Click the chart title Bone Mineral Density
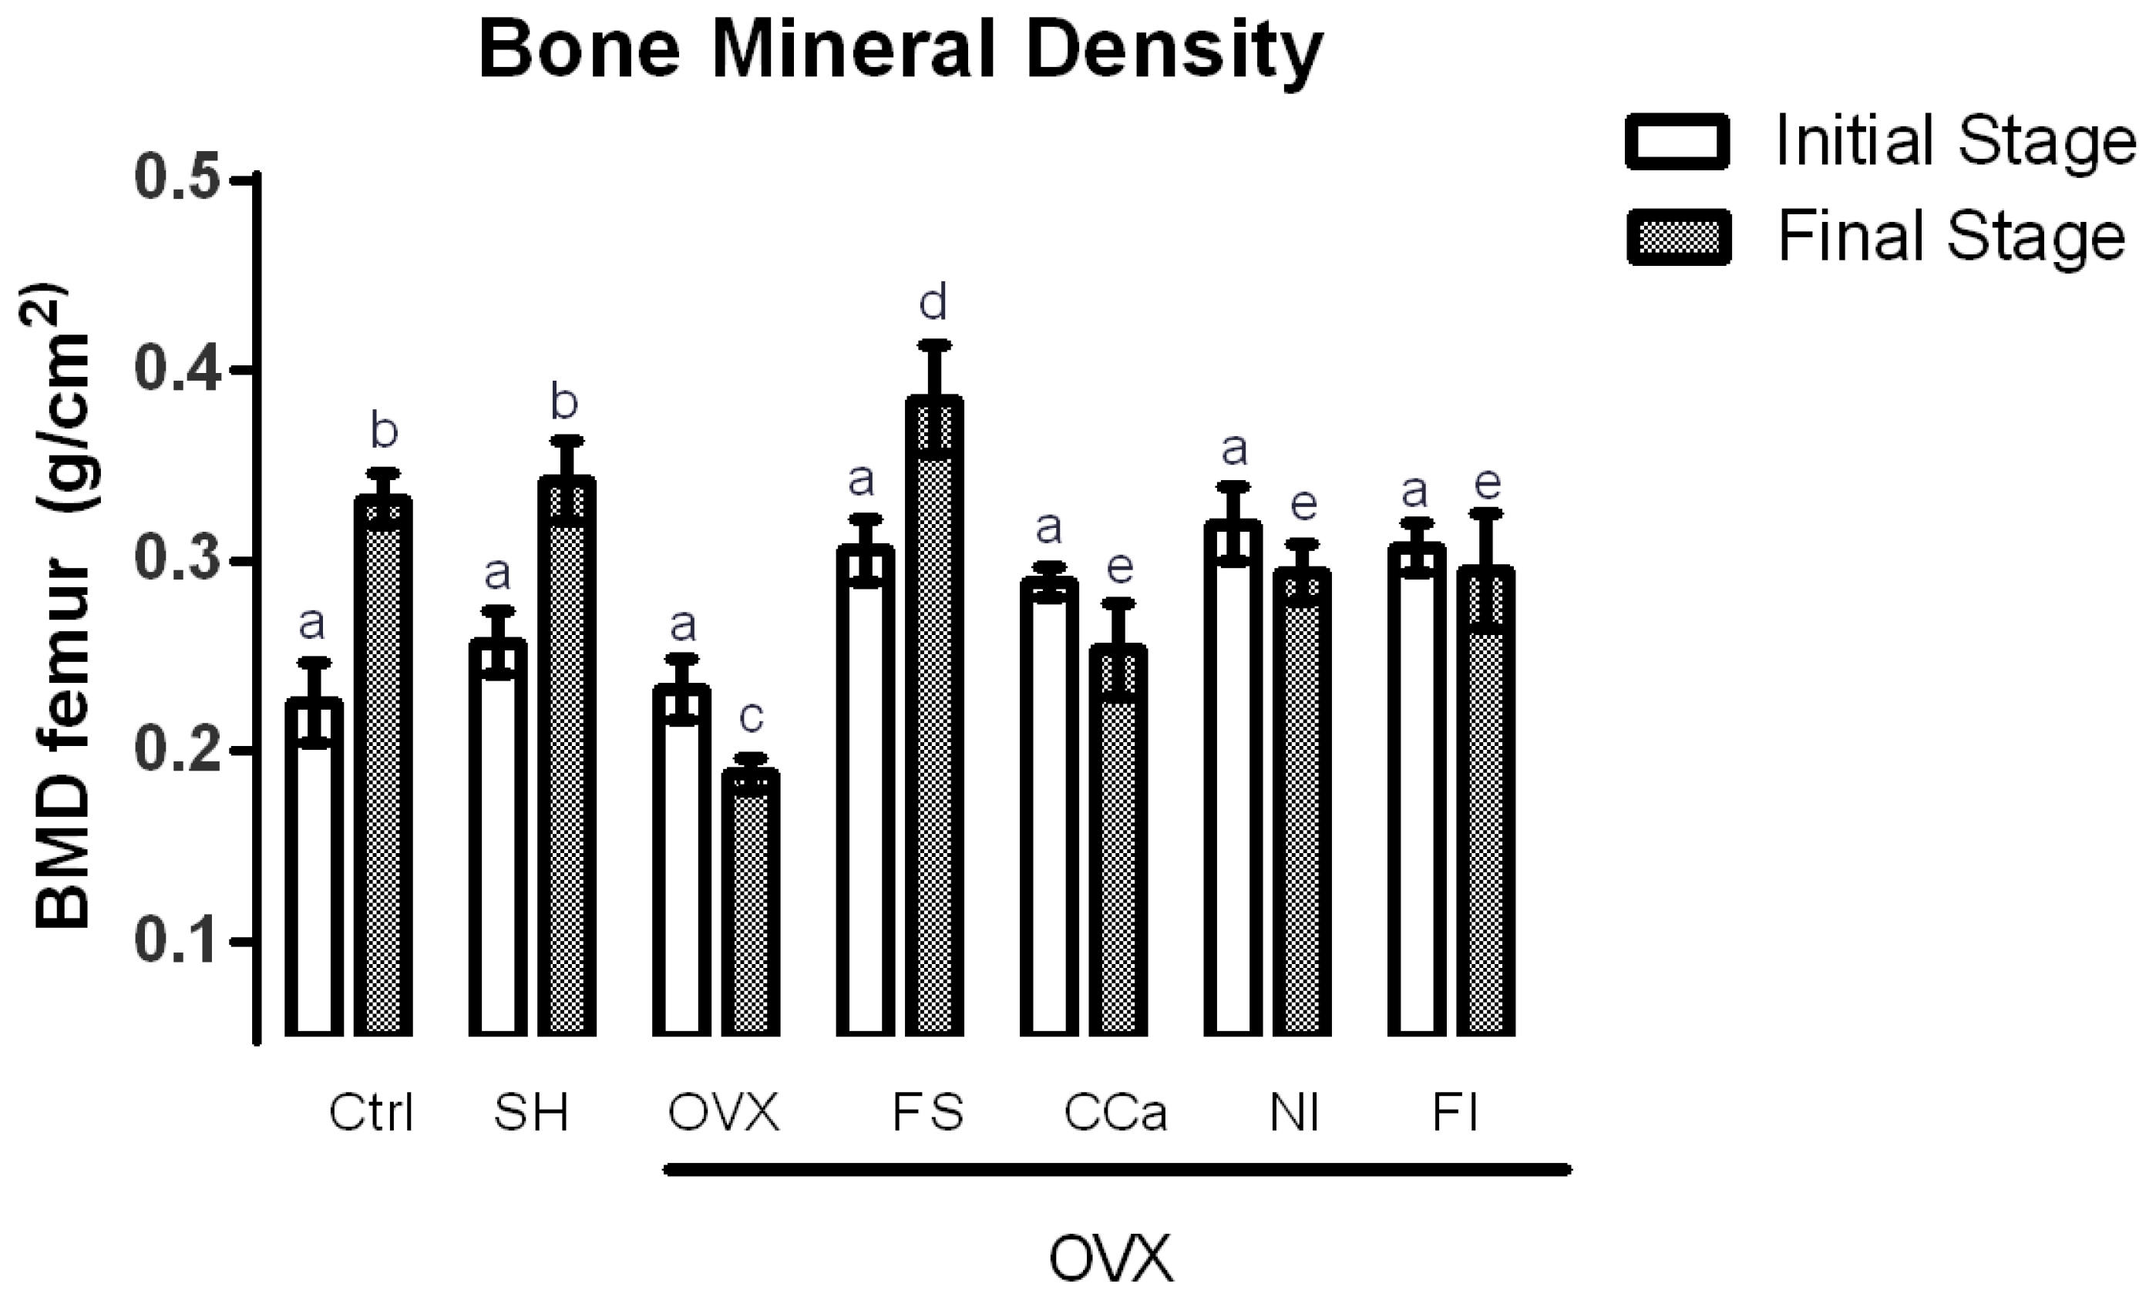[901, 51]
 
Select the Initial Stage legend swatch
[1677, 141]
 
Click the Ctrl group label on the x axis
[371, 1113]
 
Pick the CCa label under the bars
[1115, 1113]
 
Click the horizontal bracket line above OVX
[1116, 1170]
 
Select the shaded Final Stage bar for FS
[934, 715]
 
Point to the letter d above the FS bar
[933, 303]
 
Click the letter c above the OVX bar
[751, 717]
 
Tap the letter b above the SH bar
[564, 402]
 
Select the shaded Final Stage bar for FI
[1486, 802]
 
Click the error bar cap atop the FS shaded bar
[934, 344]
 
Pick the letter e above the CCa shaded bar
[1119, 568]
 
